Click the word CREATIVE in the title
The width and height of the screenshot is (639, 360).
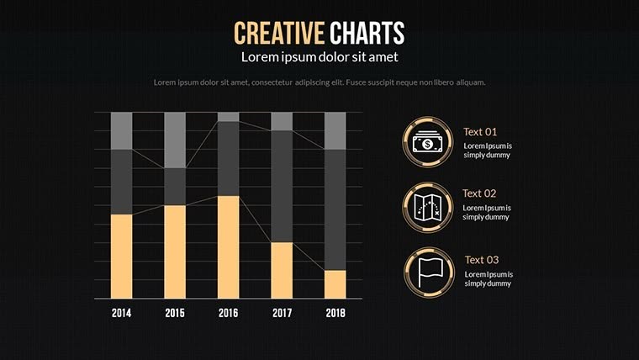(x=279, y=33)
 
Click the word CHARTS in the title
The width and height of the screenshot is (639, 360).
(x=367, y=33)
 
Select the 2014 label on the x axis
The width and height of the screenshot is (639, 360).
(x=121, y=313)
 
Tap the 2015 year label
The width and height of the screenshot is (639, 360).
(x=175, y=313)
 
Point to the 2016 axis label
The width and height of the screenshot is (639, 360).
(x=228, y=313)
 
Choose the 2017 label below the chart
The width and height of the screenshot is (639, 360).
(x=282, y=313)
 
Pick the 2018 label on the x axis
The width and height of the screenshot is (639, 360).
(x=335, y=313)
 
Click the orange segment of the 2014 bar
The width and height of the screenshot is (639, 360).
(x=121, y=256)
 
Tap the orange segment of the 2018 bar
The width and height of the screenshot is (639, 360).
(x=335, y=284)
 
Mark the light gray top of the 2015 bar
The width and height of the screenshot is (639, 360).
(x=175, y=140)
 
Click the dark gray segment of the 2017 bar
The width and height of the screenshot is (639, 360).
(x=282, y=186)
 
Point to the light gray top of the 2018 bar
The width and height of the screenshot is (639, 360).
(x=335, y=130)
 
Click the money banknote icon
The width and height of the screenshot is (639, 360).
(x=428, y=143)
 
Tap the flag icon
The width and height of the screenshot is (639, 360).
(x=428, y=272)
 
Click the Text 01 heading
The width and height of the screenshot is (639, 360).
(x=480, y=131)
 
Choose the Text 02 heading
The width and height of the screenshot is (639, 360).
(x=479, y=193)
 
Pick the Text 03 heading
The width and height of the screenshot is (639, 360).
(x=482, y=259)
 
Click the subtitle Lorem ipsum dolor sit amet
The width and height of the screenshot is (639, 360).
(x=319, y=57)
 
